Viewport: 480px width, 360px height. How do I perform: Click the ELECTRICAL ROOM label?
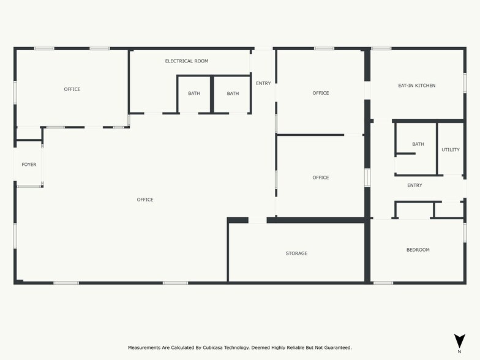[x=187, y=61]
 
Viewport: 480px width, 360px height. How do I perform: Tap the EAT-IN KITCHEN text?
[x=416, y=86]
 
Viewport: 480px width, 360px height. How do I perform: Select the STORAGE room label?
[x=296, y=253]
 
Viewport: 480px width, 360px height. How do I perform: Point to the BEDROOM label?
[x=418, y=250]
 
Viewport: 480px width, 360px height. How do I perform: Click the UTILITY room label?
[x=451, y=150]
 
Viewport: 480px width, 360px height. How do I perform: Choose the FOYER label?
[x=29, y=165]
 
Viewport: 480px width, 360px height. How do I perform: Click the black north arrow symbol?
[x=459, y=341]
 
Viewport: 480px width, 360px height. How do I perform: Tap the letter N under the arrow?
[x=459, y=352]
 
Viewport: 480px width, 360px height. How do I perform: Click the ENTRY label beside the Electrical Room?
[x=263, y=83]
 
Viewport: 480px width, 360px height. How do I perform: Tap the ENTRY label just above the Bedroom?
[x=414, y=186]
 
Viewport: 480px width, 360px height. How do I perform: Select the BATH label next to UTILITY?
[x=418, y=144]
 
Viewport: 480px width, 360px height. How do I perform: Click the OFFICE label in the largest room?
[x=145, y=200]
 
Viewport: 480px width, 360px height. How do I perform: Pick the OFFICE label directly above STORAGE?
[x=320, y=178]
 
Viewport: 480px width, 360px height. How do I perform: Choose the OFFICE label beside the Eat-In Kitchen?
[x=320, y=93]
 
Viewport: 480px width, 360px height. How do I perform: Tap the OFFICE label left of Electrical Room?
[x=72, y=89]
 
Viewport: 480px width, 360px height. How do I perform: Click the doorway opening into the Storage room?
[x=257, y=220]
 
